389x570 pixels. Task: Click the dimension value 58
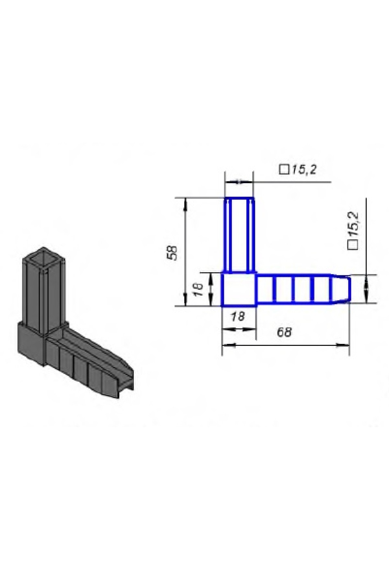click(x=173, y=252)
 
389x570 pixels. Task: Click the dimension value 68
click(x=284, y=332)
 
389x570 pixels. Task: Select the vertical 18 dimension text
click(x=198, y=289)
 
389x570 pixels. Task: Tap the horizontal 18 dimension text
click(x=238, y=316)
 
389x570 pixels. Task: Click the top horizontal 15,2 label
click(x=303, y=169)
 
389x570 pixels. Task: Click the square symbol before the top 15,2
click(x=284, y=170)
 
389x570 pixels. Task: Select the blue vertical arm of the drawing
click(x=239, y=235)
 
